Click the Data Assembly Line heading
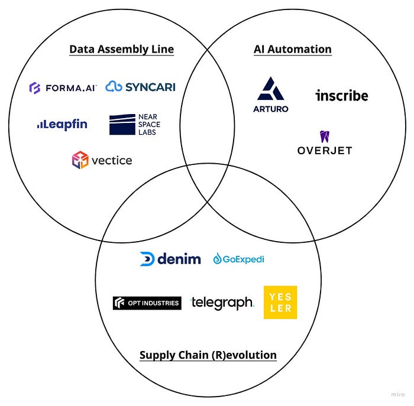pos(121,49)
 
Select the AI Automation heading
pos(292,49)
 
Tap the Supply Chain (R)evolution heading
pos(208,355)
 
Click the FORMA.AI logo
pos(63,88)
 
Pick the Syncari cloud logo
pos(140,87)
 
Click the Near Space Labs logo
pos(135,124)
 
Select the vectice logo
pos(102,160)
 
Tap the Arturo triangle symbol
pos(271,89)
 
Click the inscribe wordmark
pos(341,95)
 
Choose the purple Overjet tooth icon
pos(324,137)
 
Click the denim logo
pos(170,259)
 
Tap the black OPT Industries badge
pos(147,303)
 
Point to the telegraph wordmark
pos(222,303)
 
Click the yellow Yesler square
pos(280,303)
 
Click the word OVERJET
pos(324,151)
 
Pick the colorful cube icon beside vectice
pos(80,160)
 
